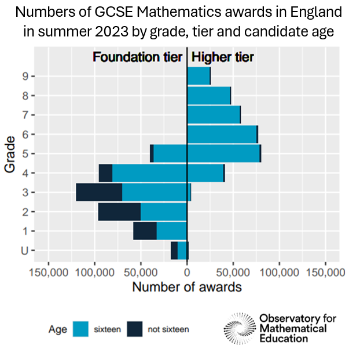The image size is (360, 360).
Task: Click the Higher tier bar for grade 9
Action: tap(198, 76)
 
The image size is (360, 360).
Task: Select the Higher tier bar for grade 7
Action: tap(213, 115)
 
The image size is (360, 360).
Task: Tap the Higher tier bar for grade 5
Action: tap(223, 153)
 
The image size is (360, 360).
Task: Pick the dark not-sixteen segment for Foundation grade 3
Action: tap(99, 192)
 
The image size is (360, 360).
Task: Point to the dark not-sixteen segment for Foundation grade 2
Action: tap(119, 212)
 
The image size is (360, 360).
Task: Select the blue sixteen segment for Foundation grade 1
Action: tap(172, 231)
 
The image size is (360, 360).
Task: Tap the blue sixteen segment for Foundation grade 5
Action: tap(170, 153)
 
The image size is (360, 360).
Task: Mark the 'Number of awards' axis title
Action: tap(187, 286)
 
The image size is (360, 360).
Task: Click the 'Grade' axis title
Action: tap(10, 154)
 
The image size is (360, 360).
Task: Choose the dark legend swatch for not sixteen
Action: tap(134, 329)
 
